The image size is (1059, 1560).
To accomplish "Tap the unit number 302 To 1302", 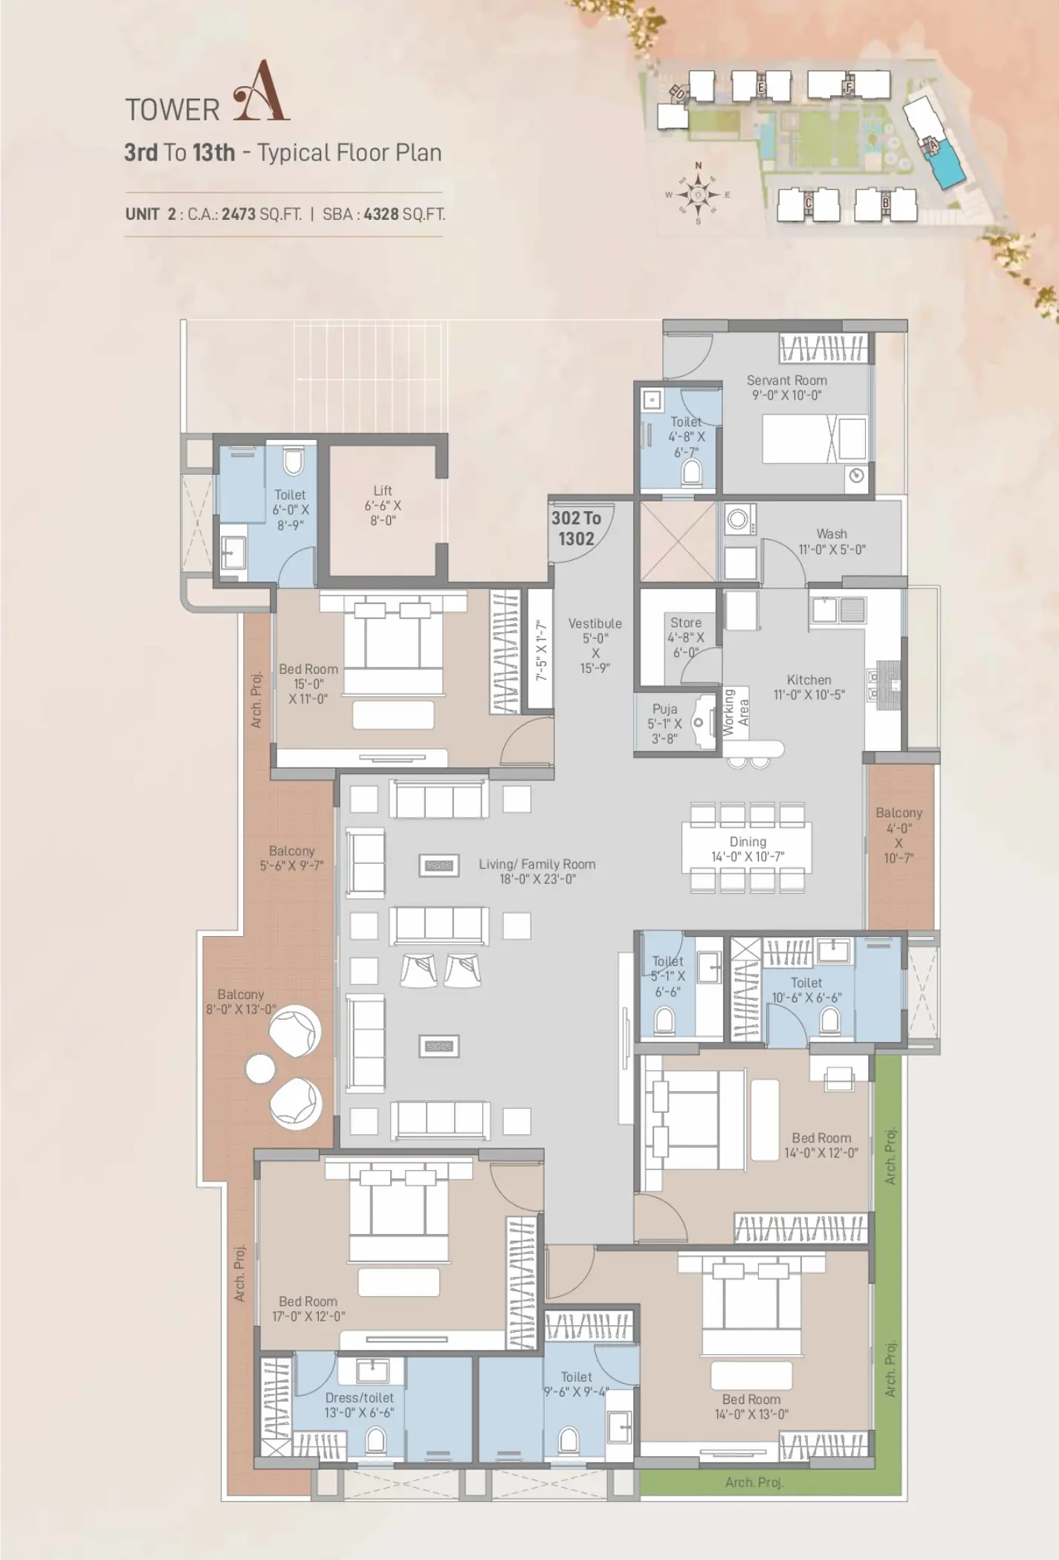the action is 576,528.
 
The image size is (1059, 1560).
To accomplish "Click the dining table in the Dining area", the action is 747,847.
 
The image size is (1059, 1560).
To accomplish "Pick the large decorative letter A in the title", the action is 261,92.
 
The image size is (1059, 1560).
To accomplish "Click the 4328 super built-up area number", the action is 381,215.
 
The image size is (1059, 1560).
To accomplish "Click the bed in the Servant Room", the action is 815,440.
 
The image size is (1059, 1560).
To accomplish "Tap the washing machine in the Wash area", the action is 738,519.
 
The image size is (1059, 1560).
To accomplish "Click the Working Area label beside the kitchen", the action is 736,712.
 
